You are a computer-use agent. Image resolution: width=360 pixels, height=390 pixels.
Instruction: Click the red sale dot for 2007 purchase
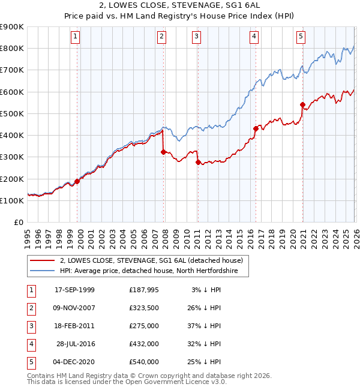point(163,152)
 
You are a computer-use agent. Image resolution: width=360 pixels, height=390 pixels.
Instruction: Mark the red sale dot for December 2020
point(302,105)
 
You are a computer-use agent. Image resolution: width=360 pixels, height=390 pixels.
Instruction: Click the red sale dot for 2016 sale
point(256,128)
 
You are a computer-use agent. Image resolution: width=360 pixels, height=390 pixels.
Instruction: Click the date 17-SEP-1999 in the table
point(74,290)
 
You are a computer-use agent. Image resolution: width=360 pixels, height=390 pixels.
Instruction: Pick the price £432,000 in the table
point(144,344)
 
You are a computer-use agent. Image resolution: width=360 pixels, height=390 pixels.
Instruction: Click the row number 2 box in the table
point(30,308)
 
